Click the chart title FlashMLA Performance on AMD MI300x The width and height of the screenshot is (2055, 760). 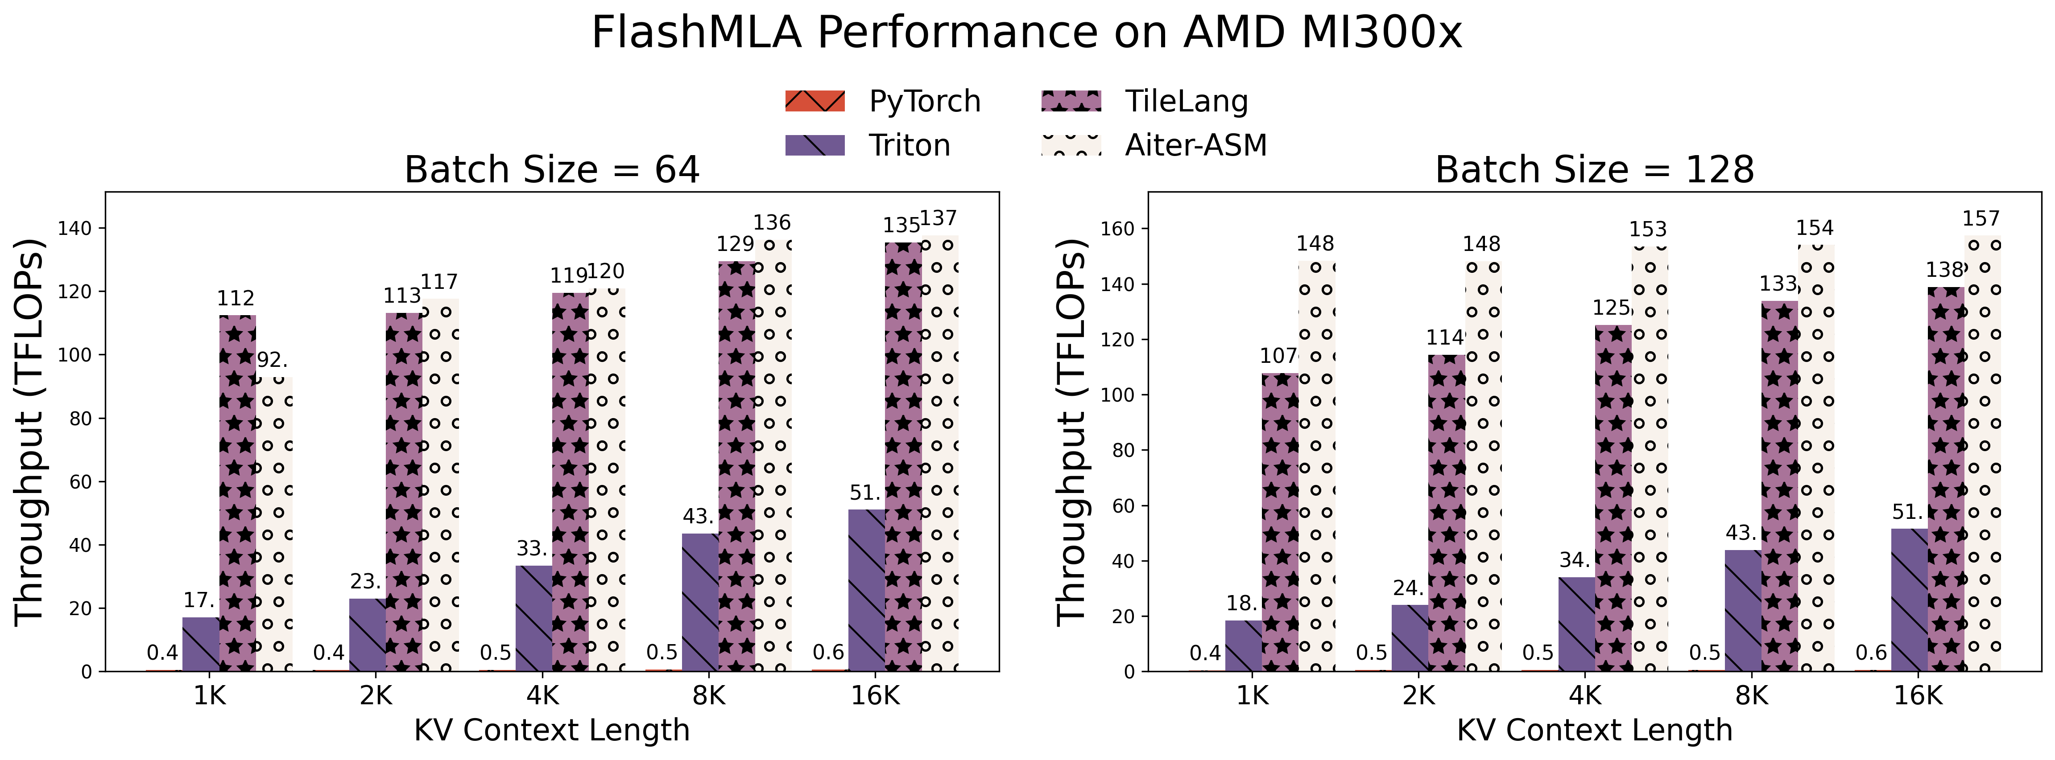(1027, 33)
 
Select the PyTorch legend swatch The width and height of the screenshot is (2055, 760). (815, 101)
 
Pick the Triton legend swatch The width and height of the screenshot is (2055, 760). (815, 145)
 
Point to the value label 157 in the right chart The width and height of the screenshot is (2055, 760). (1981, 218)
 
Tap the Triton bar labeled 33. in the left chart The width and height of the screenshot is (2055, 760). (533, 618)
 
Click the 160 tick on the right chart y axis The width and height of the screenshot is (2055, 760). (1117, 229)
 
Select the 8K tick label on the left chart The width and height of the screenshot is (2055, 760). (708, 696)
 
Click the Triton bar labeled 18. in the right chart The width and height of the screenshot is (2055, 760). (1243, 646)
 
